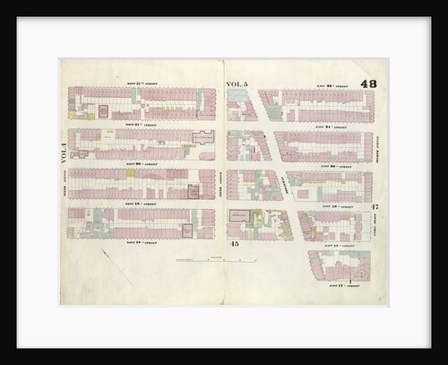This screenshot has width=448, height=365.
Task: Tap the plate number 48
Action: pyautogui.click(x=368, y=83)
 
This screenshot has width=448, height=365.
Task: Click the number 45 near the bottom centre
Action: pyautogui.click(x=233, y=244)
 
